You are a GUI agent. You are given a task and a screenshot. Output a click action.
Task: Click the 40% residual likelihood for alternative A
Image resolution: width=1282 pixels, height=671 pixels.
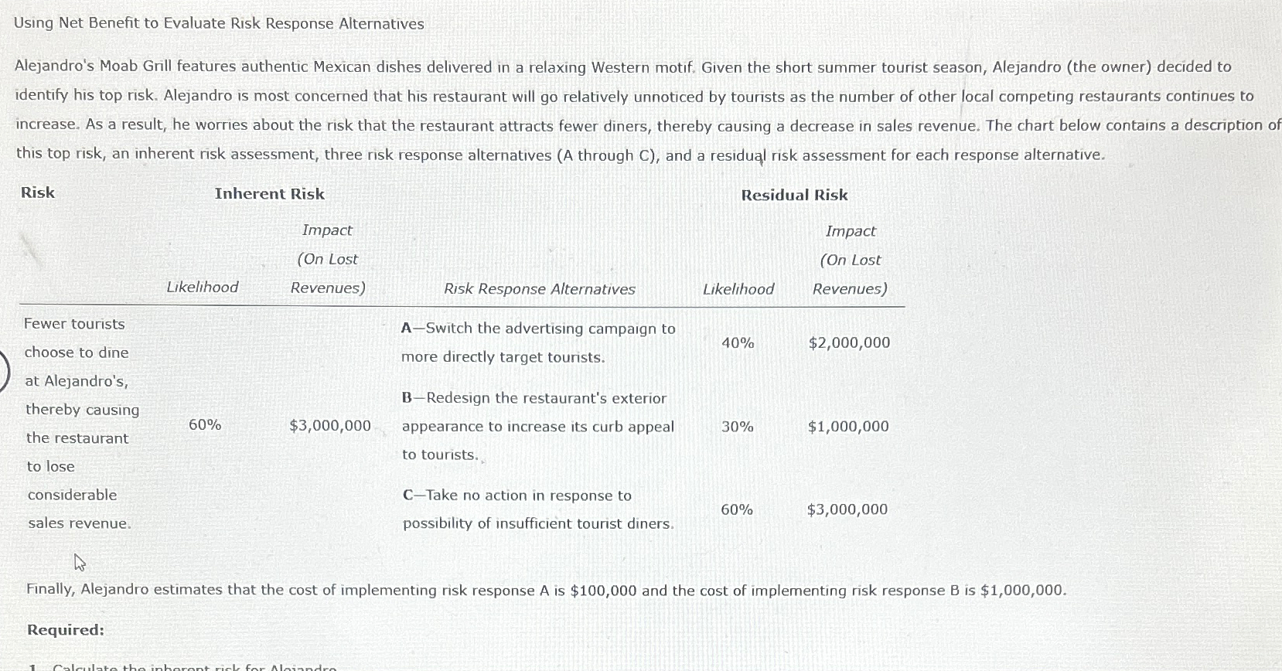738,342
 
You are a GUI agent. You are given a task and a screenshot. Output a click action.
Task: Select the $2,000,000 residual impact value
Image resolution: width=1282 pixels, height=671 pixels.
849,342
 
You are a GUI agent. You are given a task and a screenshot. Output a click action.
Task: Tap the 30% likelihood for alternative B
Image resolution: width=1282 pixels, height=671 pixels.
737,427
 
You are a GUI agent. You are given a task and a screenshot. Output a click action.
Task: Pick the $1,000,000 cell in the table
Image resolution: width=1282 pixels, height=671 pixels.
848,427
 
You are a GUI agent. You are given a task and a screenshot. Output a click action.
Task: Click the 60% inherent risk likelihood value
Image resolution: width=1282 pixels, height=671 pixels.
205,424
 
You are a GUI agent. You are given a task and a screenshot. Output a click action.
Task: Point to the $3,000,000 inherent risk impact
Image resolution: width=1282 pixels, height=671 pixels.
330,426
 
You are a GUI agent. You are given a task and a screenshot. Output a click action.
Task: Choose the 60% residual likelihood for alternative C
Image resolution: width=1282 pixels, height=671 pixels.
737,509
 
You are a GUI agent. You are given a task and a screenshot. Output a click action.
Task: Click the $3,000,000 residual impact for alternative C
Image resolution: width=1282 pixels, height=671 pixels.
847,509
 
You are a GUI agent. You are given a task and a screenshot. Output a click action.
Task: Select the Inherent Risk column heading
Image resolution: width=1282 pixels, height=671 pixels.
269,194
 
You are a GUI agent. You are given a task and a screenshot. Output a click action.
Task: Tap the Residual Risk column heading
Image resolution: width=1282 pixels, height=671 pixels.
794,196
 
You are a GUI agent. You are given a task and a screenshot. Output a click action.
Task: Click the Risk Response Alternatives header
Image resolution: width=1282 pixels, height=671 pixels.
539,289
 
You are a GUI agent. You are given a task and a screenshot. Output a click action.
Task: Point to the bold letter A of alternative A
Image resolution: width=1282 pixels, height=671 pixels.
407,329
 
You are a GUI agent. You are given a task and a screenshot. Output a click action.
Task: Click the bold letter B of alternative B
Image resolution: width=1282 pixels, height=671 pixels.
407,398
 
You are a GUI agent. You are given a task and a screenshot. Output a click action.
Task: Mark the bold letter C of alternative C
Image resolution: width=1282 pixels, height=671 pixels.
407,496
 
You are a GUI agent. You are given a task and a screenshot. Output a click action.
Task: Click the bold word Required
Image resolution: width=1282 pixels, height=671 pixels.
66,630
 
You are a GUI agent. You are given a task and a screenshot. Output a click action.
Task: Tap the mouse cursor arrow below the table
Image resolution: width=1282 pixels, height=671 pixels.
79,562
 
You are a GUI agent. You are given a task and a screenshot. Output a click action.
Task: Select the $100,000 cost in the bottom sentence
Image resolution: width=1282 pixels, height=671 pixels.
603,591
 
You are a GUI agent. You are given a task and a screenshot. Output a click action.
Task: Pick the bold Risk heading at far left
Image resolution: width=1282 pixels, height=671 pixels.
38,192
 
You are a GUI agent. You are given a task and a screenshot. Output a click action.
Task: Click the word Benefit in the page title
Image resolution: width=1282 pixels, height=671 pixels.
114,23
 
